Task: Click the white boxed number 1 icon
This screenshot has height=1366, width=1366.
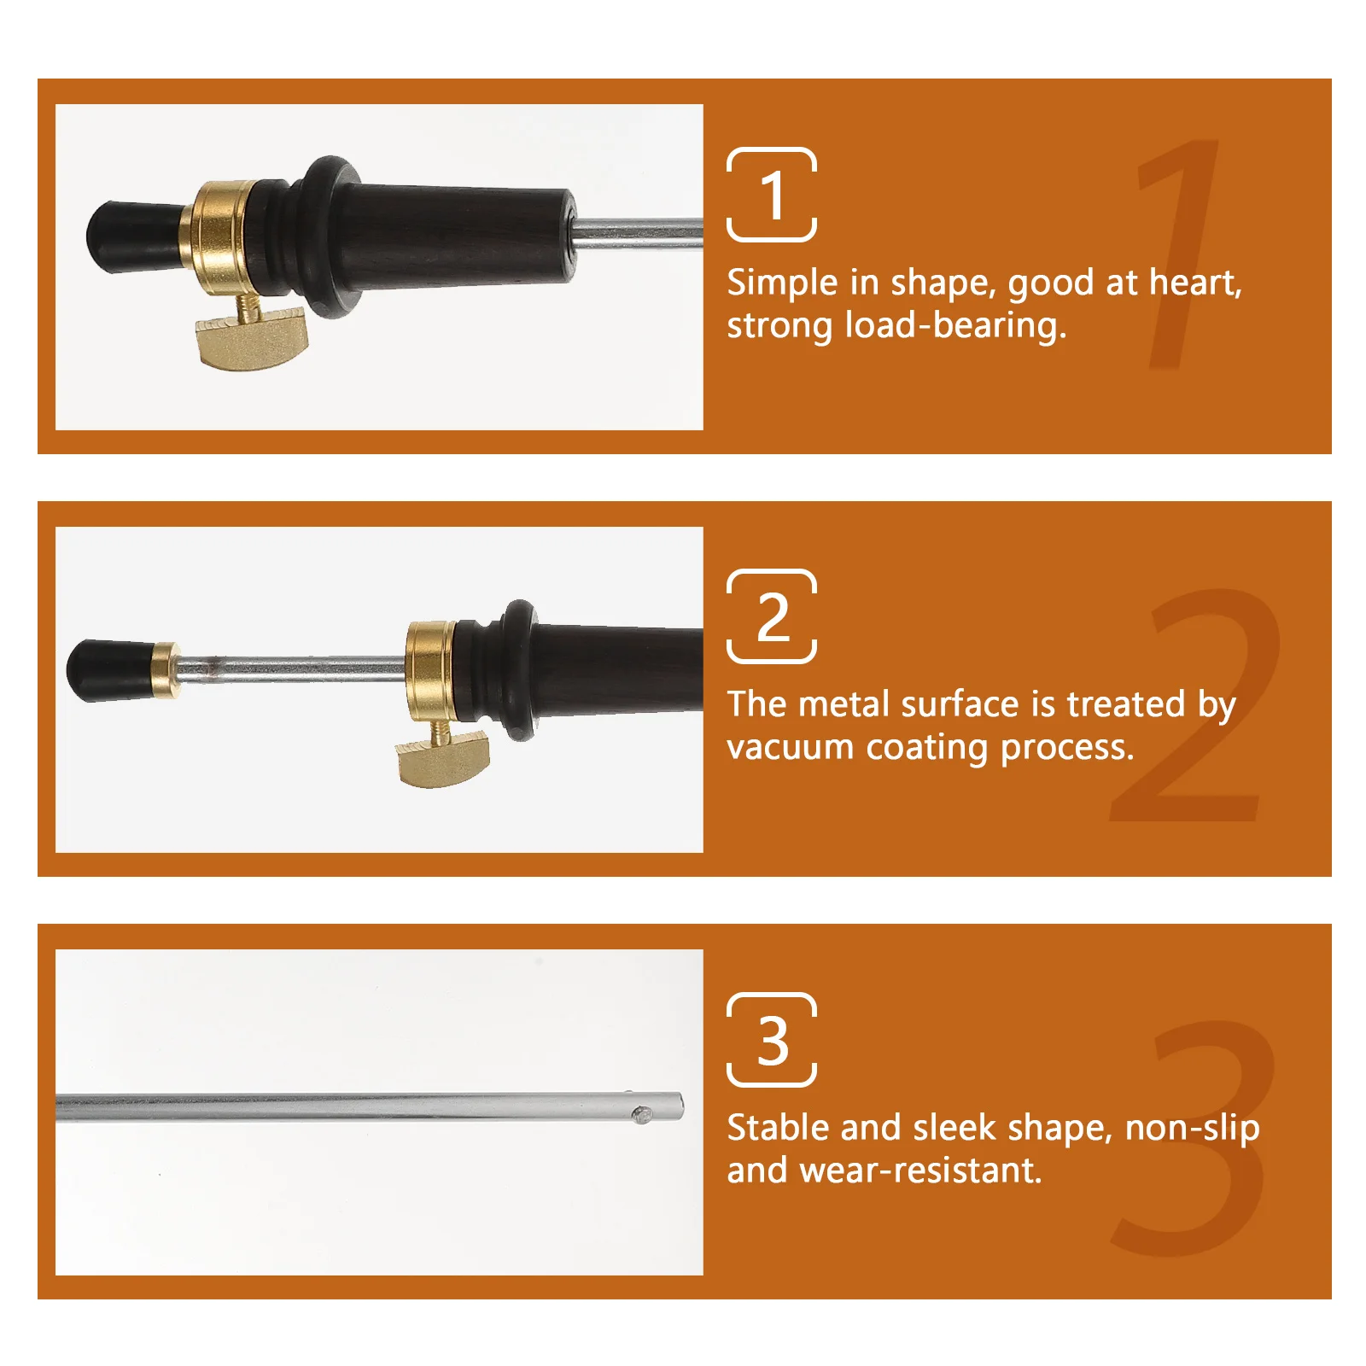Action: [x=771, y=195]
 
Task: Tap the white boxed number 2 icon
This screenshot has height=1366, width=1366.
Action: [x=771, y=616]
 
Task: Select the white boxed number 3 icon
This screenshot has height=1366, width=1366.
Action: [x=771, y=1040]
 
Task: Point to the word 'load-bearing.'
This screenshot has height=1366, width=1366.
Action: [x=956, y=326]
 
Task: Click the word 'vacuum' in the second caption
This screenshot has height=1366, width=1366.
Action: [x=790, y=748]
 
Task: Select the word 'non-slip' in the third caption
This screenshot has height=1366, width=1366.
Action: [x=1192, y=1128]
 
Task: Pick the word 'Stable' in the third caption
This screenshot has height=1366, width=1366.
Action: [x=778, y=1128]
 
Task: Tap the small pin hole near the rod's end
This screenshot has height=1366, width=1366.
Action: [x=641, y=1113]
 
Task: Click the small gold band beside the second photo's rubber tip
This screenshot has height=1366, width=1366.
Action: [x=164, y=670]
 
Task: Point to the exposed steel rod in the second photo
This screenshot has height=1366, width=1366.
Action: [x=290, y=668]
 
